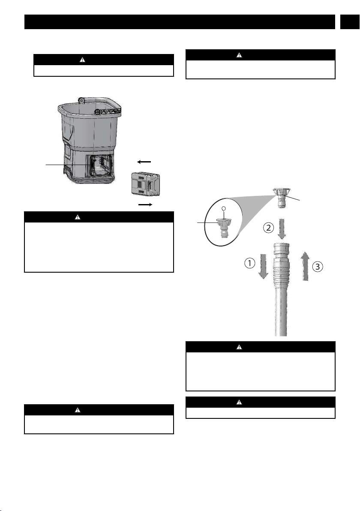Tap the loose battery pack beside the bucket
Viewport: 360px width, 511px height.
(x=145, y=184)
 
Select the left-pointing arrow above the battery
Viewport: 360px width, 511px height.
(x=144, y=162)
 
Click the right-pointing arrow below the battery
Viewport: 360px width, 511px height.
(x=145, y=204)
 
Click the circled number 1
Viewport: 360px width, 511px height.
(x=249, y=263)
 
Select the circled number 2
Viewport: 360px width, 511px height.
(x=268, y=228)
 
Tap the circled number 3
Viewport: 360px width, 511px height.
(x=318, y=267)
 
